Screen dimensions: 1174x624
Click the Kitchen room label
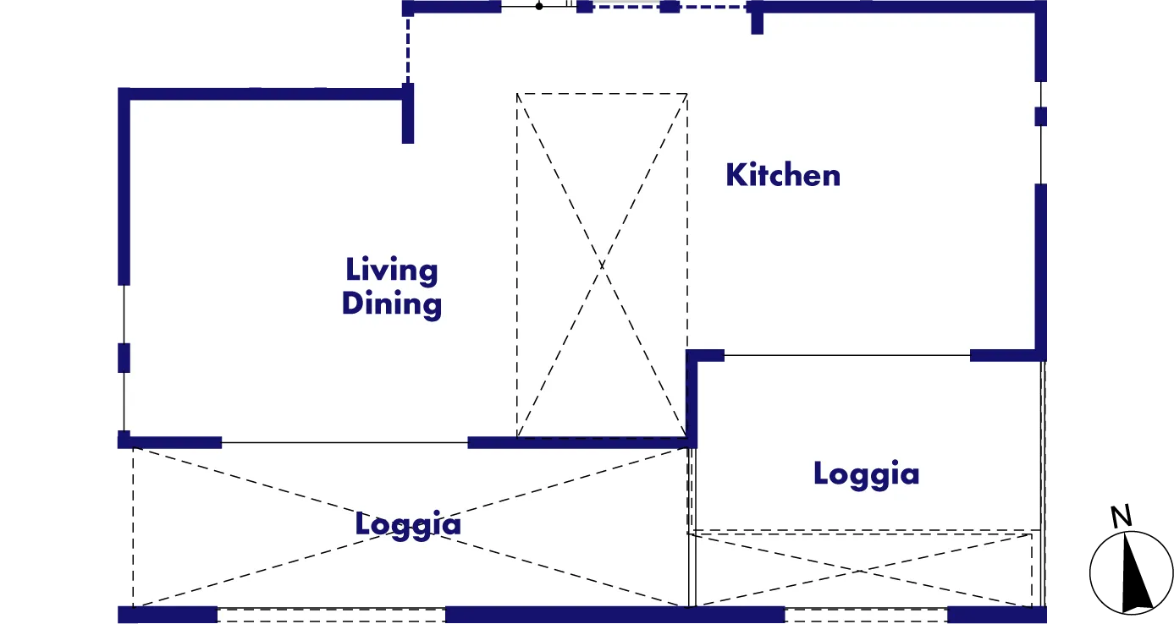point(783,175)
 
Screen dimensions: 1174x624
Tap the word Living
point(392,271)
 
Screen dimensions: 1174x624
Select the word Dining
point(392,304)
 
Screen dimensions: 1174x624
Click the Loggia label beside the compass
point(867,474)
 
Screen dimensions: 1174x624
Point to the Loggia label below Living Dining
point(408,524)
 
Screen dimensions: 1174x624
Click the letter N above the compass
point(1121,517)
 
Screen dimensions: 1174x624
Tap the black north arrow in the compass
point(1135,572)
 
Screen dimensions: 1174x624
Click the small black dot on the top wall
point(539,6)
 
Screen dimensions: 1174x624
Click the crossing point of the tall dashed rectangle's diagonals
point(602,265)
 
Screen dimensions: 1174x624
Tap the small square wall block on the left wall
point(124,358)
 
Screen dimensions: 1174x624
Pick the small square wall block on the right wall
point(1041,117)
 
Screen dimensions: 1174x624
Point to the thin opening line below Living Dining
point(344,443)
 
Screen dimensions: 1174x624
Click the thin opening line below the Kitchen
point(847,355)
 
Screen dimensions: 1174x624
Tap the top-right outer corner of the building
point(1047,1)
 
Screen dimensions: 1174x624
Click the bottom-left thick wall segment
point(168,615)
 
